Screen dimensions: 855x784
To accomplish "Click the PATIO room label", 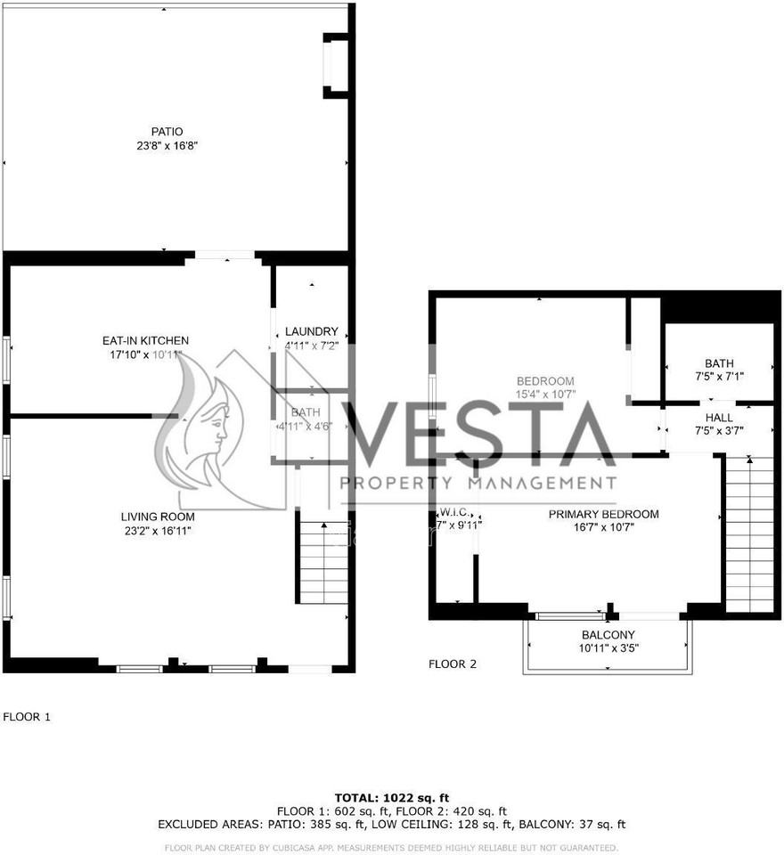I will click(x=167, y=132).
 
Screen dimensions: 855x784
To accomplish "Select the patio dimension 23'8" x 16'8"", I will click(x=167, y=145).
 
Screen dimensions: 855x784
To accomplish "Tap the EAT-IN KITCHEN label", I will click(x=145, y=340).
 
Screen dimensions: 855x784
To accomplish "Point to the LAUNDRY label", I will click(x=311, y=331).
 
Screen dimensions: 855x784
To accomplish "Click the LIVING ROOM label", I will click(x=158, y=517).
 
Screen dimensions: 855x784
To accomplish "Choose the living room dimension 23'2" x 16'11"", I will click(x=158, y=531).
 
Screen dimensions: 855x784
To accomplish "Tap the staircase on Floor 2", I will click(x=749, y=534).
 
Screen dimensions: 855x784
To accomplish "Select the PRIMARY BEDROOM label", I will click(x=603, y=514).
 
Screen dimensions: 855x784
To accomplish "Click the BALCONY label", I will click(x=608, y=635).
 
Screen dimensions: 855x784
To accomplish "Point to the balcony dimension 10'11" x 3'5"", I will click(x=608, y=647).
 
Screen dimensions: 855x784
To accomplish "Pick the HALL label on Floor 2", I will click(x=719, y=417).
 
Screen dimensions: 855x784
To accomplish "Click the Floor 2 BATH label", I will click(x=719, y=363).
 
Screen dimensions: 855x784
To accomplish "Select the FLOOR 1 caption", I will click(x=28, y=716).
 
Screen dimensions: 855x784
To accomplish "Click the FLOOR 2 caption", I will click(x=453, y=664).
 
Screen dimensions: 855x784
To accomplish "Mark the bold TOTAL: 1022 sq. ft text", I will click(x=392, y=797).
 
